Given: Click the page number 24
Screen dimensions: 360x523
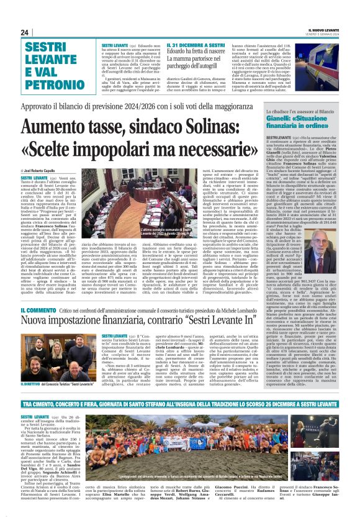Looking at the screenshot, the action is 25,32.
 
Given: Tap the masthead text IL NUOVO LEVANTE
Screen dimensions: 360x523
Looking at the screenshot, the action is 325,30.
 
